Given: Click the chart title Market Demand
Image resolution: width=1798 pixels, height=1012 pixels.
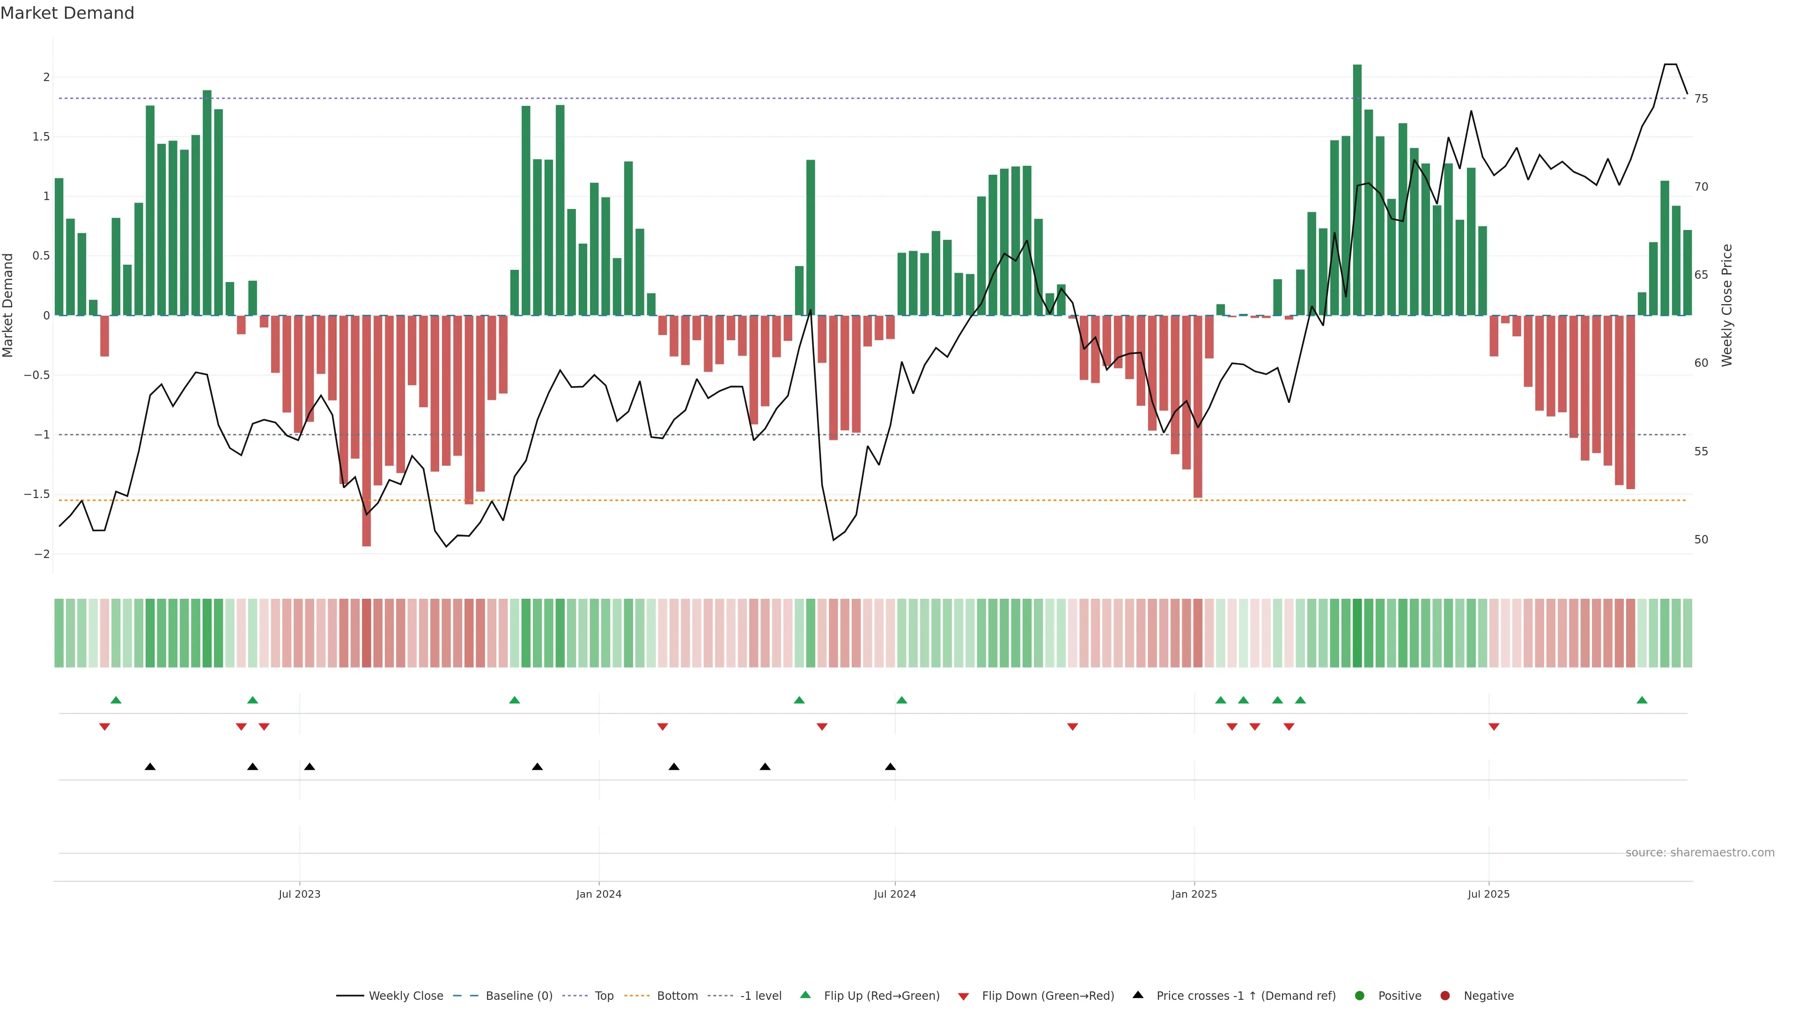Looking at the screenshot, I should point(67,13).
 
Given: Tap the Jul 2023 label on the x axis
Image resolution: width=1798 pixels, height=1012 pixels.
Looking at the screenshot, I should point(300,894).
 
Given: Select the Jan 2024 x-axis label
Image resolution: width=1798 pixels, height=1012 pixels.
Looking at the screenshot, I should point(598,894).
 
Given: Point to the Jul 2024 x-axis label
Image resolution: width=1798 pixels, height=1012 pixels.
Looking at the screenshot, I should point(895,894).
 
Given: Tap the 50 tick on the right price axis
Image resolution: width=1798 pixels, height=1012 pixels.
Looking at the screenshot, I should point(1701,540).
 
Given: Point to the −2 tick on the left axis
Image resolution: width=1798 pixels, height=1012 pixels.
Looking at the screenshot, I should point(42,554).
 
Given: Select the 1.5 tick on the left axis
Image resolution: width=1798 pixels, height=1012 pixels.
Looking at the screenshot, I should point(41,137).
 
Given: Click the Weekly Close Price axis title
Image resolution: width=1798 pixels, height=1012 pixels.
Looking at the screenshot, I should point(1727,305).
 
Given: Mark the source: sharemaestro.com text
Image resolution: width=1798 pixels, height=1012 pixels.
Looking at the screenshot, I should point(1700,853).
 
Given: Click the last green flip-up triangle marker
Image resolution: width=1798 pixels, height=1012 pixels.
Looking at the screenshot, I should point(1642,700).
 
